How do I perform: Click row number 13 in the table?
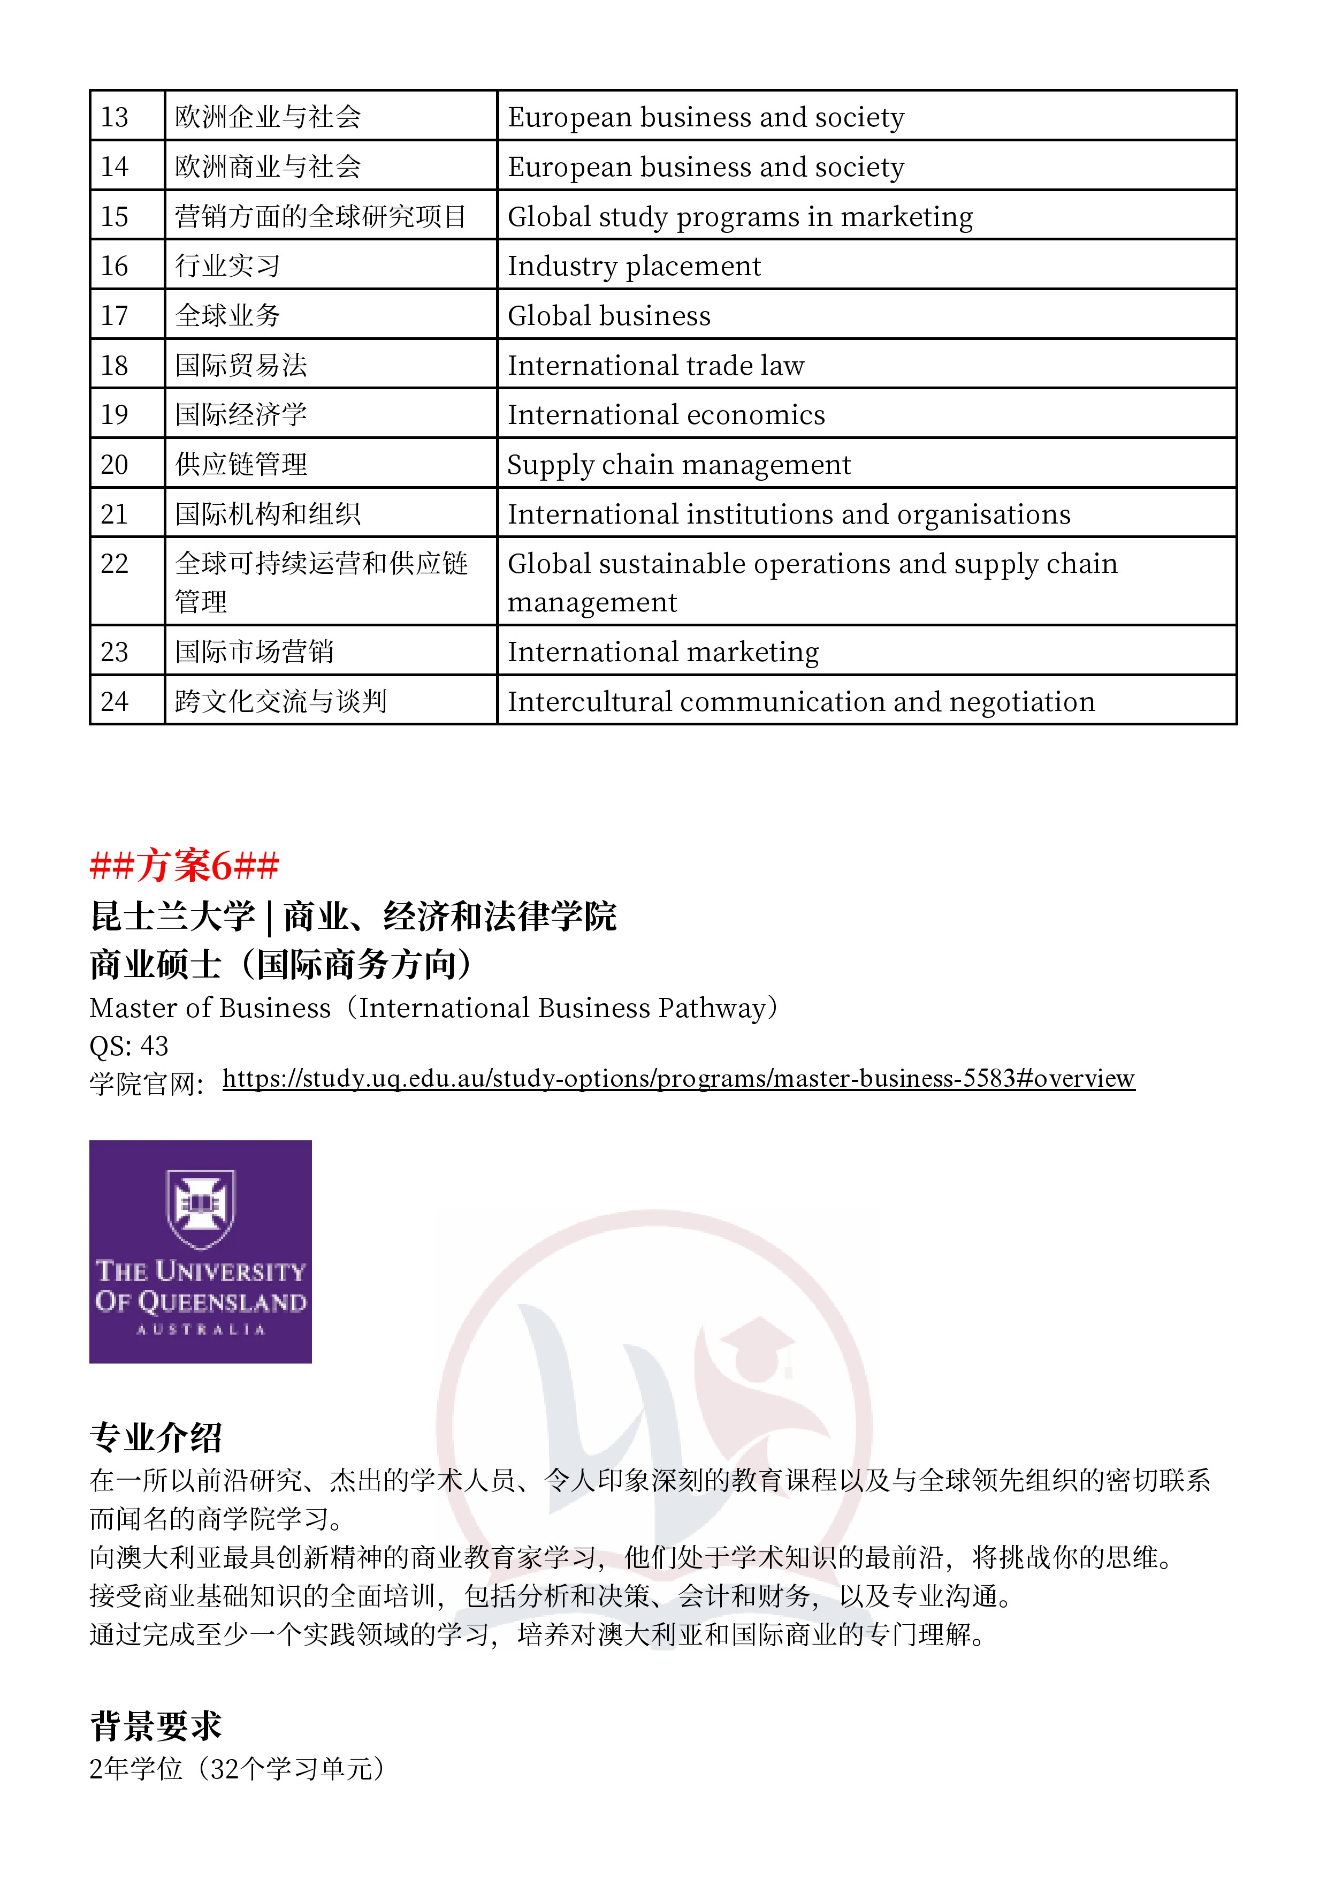pyautogui.click(x=115, y=117)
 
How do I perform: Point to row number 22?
pyautogui.click(x=115, y=564)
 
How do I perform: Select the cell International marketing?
pyautogui.click(x=663, y=652)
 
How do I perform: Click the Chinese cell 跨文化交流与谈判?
pyautogui.click(x=280, y=701)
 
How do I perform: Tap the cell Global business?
pyautogui.click(x=609, y=316)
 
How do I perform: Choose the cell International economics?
pyautogui.click(x=666, y=415)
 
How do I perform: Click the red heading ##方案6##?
pyautogui.click(x=184, y=865)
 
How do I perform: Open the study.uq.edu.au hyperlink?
pyautogui.click(x=678, y=1078)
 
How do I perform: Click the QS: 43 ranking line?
pyautogui.click(x=128, y=1046)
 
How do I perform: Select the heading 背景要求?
pyautogui.click(x=155, y=1726)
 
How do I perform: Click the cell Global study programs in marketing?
pyautogui.click(x=740, y=217)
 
